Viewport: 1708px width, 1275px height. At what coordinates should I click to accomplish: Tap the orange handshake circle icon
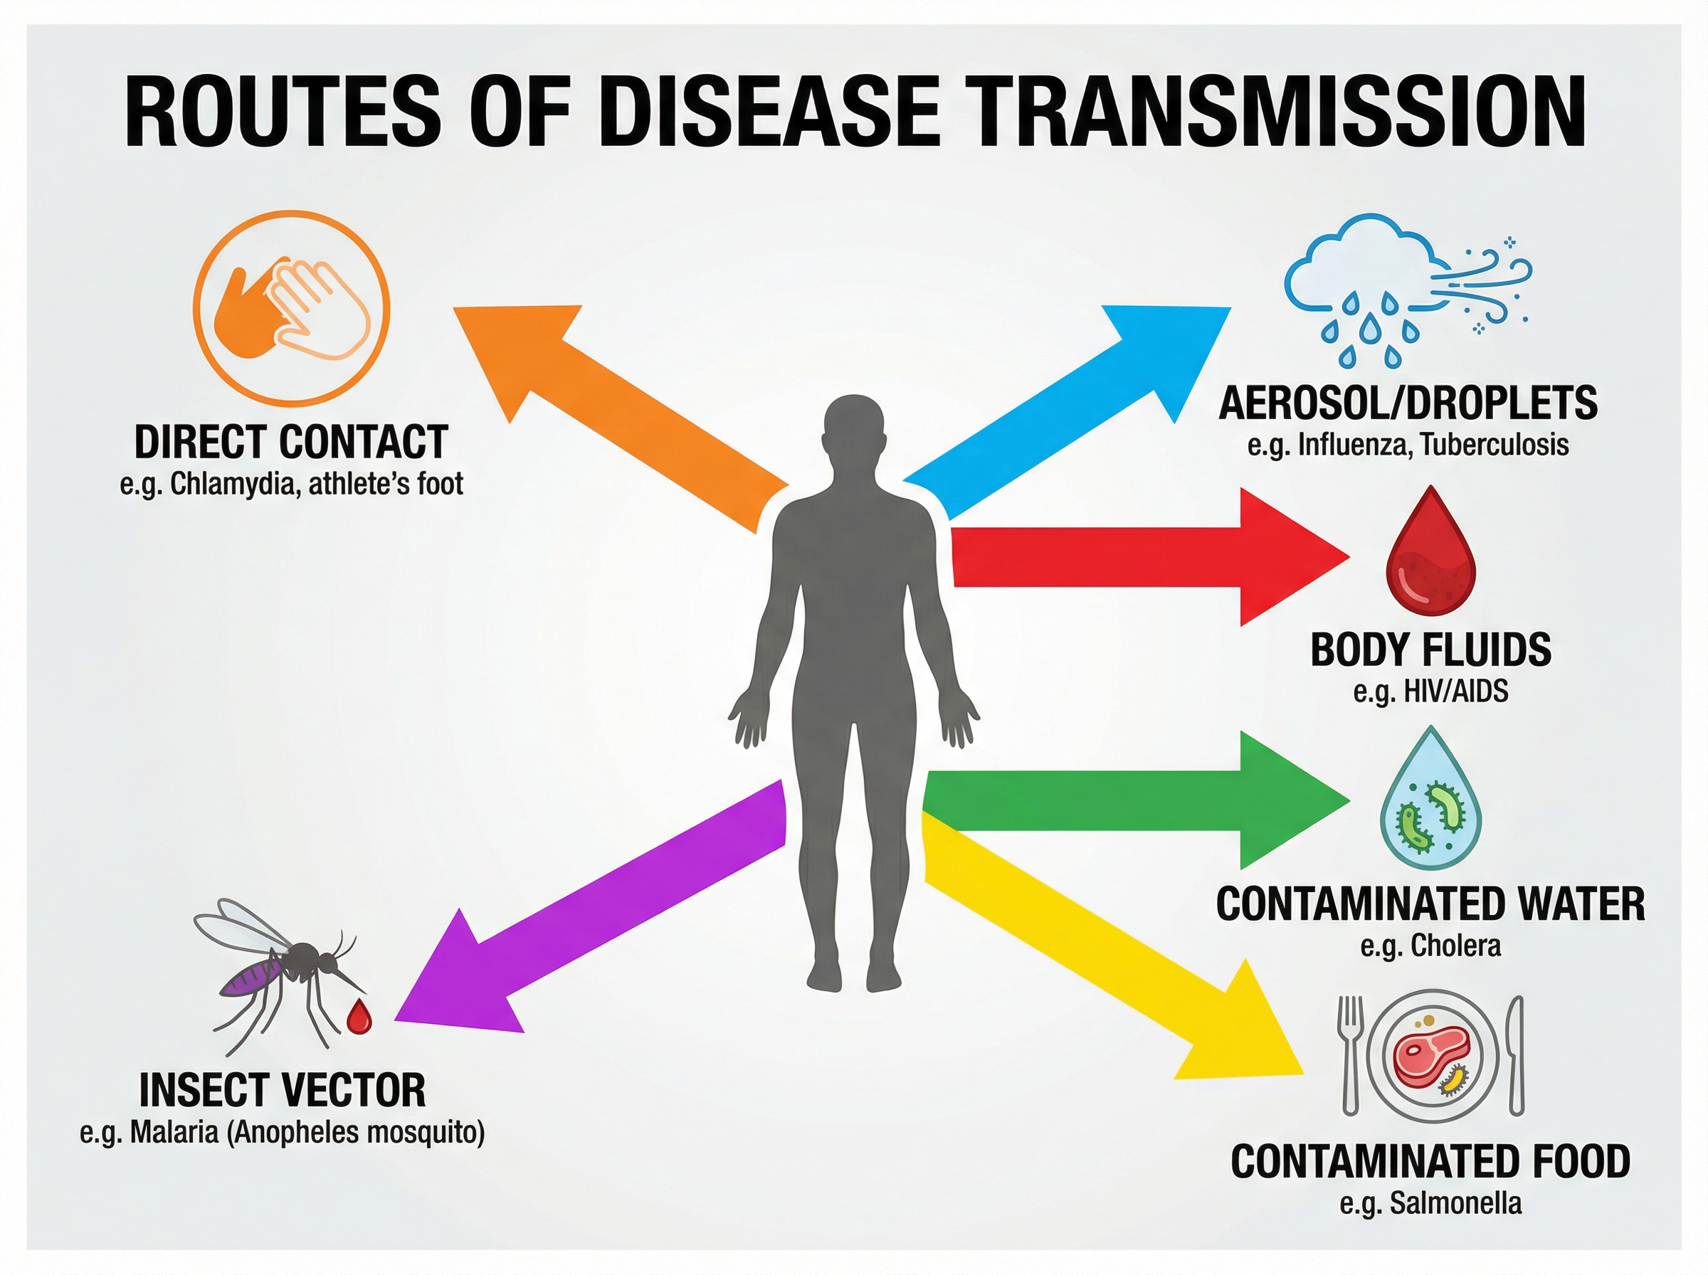click(292, 309)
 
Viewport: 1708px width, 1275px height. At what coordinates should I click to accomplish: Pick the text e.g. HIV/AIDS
click(1430, 691)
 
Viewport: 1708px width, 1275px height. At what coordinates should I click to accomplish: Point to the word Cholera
click(1455, 946)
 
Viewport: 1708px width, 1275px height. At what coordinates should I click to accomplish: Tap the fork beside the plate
click(1350, 1054)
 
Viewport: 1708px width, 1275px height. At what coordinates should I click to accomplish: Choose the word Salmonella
click(1455, 1202)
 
